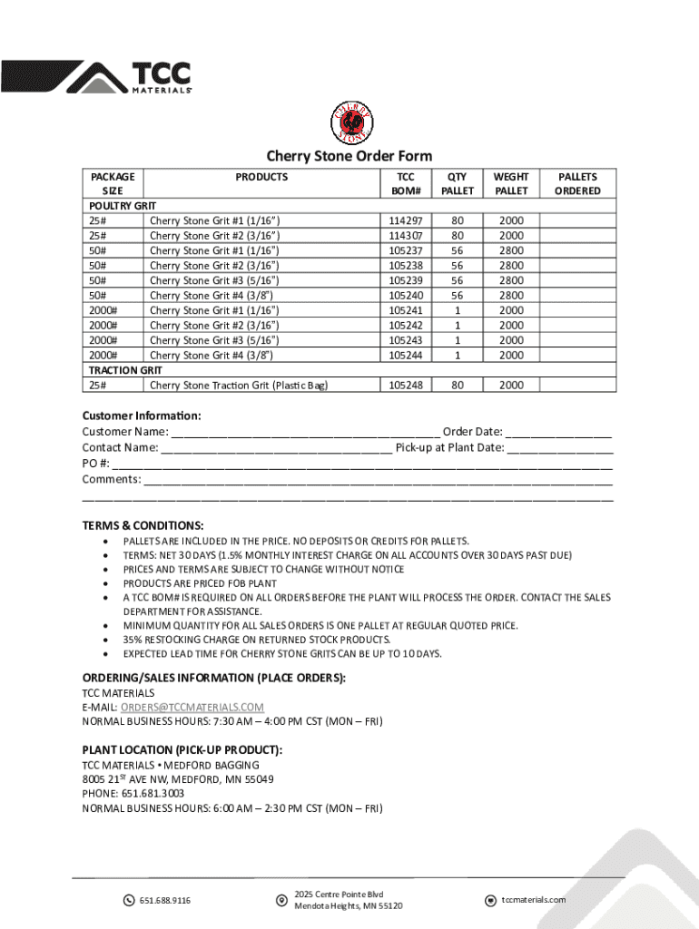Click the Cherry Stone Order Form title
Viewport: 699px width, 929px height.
tap(349, 156)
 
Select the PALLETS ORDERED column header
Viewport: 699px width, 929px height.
tap(577, 183)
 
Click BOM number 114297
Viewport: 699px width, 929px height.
tap(405, 220)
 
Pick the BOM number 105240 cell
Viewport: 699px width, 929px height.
tap(405, 295)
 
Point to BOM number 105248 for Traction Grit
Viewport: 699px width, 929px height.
tap(405, 385)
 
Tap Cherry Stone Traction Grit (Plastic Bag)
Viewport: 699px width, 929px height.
tap(238, 385)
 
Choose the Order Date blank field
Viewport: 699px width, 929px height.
tap(558, 433)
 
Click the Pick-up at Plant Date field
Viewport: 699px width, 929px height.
tap(560, 448)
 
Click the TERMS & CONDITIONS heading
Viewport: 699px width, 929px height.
tap(143, 526)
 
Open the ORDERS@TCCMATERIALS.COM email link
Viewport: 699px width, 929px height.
tap(192, 708)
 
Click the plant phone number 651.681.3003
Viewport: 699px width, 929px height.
tap(145, 794)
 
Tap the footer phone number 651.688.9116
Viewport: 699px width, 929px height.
tap(164, 900)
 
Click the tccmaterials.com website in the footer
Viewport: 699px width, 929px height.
tap(533, 899)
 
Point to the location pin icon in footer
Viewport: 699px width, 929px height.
tap(281, 900)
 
